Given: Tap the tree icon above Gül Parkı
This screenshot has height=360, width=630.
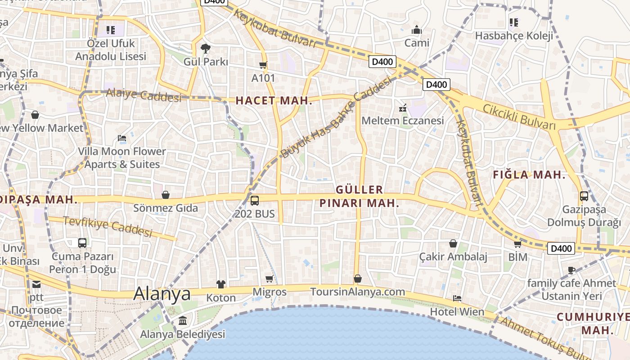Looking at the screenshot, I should [205, 48].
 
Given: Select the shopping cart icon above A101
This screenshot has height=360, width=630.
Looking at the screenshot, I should [263, 65].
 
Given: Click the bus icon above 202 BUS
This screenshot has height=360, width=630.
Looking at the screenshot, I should [254, 200].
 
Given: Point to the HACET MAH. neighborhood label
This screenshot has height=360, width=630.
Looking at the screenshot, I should [274, 101].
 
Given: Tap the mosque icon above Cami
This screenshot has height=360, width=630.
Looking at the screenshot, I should [417, 30].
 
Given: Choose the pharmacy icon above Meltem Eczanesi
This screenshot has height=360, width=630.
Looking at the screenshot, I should [403, 108].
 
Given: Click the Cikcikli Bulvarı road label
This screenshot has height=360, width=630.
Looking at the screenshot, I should [519, 116].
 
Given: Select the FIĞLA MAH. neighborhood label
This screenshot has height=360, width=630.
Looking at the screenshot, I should [529, 175].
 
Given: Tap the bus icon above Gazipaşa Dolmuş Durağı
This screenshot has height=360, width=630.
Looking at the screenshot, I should [584, 196].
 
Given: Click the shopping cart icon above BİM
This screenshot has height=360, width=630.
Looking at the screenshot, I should [517, 244].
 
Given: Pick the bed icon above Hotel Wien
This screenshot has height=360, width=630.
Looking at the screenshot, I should [457, 298].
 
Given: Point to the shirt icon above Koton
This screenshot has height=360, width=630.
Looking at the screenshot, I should [220, 284].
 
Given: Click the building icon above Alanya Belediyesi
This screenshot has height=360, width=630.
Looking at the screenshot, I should [183, 321].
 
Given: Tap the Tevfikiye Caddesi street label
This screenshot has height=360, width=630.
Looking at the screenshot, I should [108, 226].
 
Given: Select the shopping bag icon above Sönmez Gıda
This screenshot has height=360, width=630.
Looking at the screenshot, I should [166, 195].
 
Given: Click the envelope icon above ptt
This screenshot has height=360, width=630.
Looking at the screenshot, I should [36, 284].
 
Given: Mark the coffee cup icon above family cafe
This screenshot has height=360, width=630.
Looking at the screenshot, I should [571, 270].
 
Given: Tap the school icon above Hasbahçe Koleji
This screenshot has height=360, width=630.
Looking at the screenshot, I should [513, 22].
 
